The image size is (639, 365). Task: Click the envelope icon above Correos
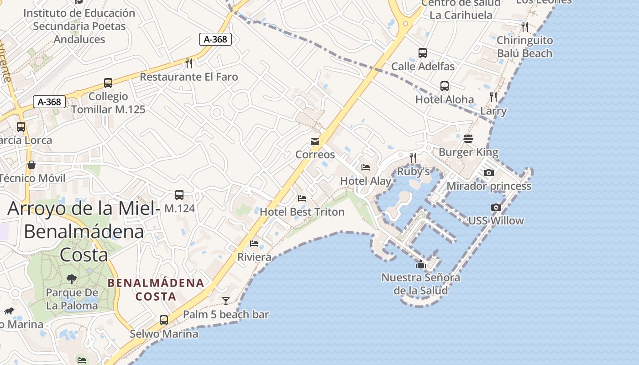315,141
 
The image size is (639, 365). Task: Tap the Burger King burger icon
468,138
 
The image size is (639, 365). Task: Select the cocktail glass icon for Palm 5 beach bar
225,301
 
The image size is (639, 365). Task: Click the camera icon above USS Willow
496,207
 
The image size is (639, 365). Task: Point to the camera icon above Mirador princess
489,172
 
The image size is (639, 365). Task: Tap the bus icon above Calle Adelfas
423,53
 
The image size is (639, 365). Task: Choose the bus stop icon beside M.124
179,195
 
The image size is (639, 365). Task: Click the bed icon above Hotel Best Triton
302,198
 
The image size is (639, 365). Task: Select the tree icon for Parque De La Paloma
72,278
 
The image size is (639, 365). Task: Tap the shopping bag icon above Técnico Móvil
31,165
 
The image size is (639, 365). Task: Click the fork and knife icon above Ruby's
413,158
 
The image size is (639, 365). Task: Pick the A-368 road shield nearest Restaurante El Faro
215,39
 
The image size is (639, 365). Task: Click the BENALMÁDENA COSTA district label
156,289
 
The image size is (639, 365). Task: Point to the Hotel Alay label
366,181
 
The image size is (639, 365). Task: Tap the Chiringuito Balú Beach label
524,47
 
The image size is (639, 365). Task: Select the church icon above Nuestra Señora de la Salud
420,264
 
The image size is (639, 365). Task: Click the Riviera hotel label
254,257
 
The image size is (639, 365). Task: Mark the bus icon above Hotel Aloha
445,86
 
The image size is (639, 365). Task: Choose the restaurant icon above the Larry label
493,97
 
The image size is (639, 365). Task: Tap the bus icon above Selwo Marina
164,320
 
